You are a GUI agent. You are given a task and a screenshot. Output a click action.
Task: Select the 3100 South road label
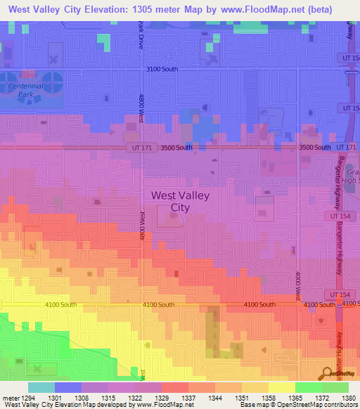point(162,70)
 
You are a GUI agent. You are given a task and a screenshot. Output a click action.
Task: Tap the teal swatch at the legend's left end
point(41,387)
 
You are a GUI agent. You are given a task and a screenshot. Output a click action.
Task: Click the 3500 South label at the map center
point(176,148)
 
